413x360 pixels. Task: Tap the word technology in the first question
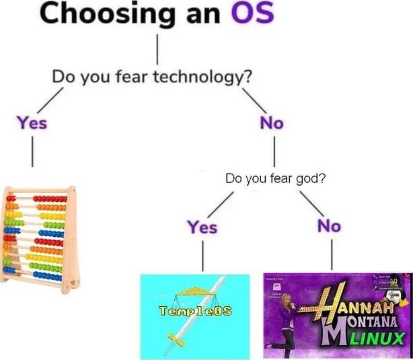tap(202, 76)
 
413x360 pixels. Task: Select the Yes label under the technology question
tap(32, 123)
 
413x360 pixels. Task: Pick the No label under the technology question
tap(271, 123)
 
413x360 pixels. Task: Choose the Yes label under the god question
tap(202, 227)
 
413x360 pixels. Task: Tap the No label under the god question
tap(329, 226)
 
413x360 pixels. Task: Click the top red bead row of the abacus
tap(50, 199)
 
